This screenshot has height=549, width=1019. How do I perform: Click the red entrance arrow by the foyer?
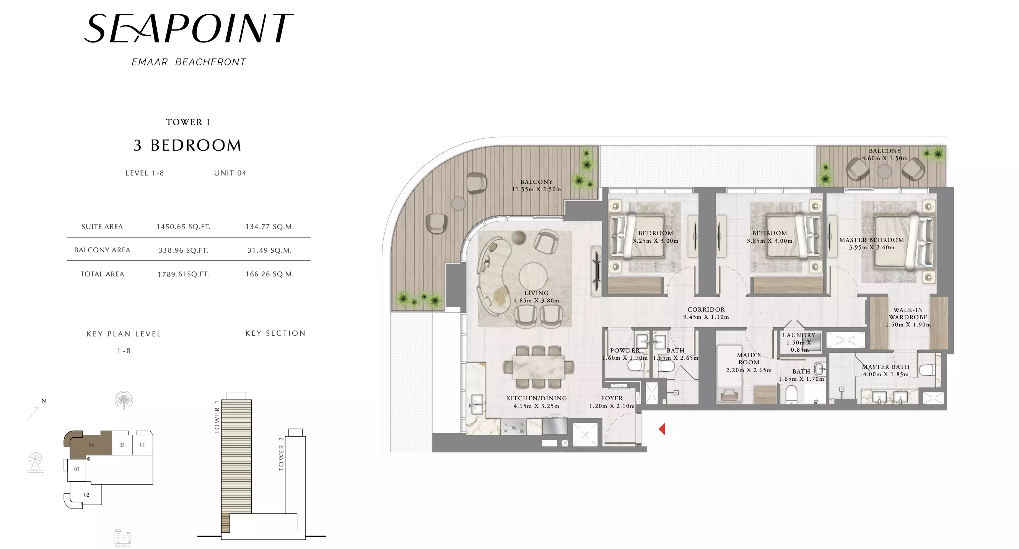click(662, 429)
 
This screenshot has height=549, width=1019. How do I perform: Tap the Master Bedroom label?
click(871, 240)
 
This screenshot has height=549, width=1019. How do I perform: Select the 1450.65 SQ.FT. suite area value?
click(183, 226)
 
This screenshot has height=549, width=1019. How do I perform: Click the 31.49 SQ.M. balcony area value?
click(269, 250)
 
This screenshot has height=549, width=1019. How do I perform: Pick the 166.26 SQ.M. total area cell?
click(269, 274)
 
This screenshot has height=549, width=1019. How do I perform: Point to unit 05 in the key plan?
click(122, 445)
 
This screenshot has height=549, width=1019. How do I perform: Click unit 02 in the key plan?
click(86, 494)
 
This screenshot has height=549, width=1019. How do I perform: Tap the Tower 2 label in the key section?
click(281, 454)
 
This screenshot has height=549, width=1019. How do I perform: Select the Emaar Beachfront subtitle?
click(189, 62)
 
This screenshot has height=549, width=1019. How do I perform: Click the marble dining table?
click(538, 367)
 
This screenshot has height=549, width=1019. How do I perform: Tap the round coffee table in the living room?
click(533, 276)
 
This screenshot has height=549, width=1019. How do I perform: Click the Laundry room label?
click(799, 335)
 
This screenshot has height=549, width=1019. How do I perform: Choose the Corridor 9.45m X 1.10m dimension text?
click(706, 317)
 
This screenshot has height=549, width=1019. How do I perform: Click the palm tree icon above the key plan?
click(124, 400)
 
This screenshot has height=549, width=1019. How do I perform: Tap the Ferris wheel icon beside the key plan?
click(35, 463)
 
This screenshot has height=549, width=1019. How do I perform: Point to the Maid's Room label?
click(749, 359)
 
